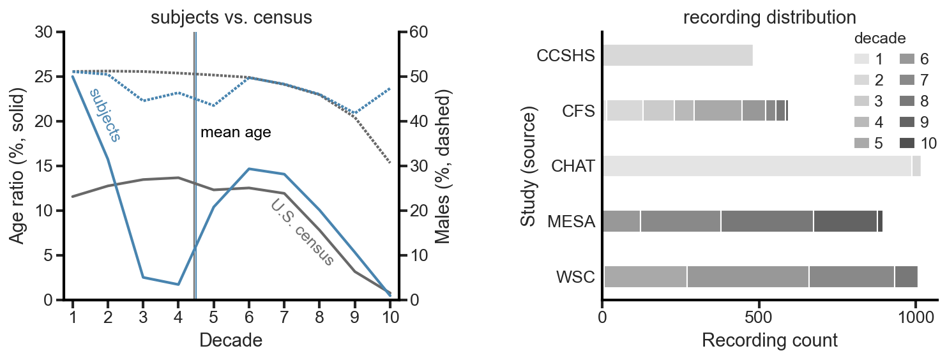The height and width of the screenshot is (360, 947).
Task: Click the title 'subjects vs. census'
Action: pyautogui.click(x=231, y=17)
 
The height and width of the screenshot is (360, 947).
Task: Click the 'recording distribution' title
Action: pyautogui.click(x=769, y=17)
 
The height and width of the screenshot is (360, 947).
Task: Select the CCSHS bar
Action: pyautogui.click(x=677, y=56)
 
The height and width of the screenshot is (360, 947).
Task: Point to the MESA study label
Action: pyautogui.click(x=571, y=222)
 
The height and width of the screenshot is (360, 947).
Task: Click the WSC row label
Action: pyautogui.click(x=575, y=278)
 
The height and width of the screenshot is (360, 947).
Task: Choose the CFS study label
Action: pyautogui.click(x=579, y=111)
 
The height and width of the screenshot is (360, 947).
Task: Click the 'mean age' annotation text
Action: pyautogui.click(x=236, y=133)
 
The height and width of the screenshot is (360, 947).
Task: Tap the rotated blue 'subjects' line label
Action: pyautogui.click(x=105, y=114)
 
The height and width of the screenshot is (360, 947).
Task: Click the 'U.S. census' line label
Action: pyautogui.click(x=302, y=233)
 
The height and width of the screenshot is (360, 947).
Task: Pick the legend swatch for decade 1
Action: pyautogui.click(x=863, y=59)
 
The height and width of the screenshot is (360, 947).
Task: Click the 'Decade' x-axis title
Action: pyautogui.click(x=231, y=341)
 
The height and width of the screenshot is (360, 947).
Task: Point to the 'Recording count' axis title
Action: pyautogui.click(x=769, y=341)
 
